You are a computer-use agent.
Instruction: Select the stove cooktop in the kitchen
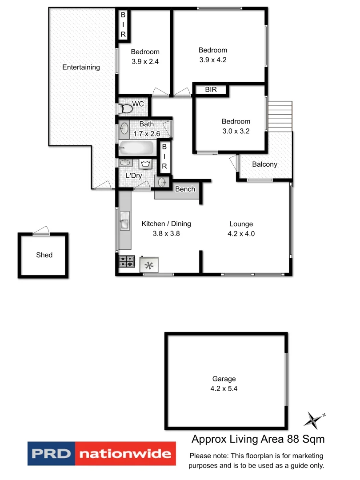point(127,261)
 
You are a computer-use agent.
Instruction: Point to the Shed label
point(44,255)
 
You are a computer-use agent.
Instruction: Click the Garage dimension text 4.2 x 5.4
point(224,388)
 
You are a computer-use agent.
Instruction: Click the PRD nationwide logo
point(102,454)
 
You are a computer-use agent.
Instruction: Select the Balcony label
point(264,164)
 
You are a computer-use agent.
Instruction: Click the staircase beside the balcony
point(280,116)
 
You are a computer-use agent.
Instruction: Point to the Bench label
point(185,189)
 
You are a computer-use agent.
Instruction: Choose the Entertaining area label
point(81,67)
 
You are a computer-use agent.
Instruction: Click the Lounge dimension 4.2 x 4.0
point(241,233)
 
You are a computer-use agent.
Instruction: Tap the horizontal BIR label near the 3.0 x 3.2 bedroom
point(211,90)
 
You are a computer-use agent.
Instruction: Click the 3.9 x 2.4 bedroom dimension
point(145,62)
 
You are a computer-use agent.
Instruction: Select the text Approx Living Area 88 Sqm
point(258,439)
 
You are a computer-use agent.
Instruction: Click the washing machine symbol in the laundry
point(145,164)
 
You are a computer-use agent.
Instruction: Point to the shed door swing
point(41,230)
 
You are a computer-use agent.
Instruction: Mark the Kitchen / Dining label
point(166,224)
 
